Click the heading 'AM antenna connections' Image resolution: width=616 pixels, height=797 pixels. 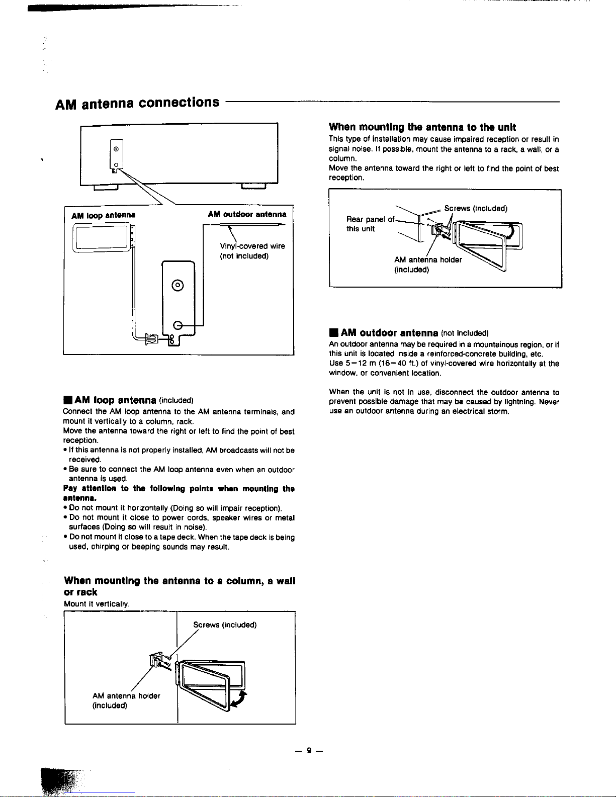coord(137,103)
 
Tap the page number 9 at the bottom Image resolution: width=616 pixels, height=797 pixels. coord(309,751)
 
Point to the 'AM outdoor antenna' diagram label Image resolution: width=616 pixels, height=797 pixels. coord(247,214)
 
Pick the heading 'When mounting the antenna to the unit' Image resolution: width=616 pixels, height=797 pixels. coord(422,127)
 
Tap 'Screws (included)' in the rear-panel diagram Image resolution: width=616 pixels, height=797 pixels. coord(475,209)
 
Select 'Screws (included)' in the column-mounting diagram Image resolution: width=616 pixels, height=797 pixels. coord(225,625)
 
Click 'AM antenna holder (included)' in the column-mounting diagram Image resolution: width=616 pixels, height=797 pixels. coord(126,700)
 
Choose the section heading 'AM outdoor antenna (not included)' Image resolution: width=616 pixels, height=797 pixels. coord(408,333)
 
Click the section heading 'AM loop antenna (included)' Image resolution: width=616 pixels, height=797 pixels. coord(128,401)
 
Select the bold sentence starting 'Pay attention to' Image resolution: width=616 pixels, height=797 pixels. coord(179,493)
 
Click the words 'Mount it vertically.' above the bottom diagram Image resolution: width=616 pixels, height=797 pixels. coord(97,603)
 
